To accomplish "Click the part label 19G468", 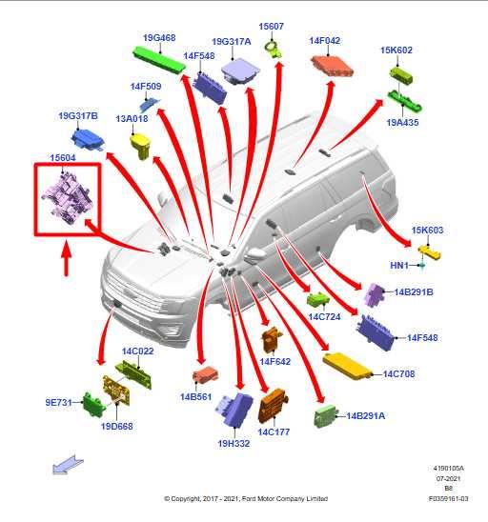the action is pos(159,37).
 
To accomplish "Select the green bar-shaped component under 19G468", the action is pos(159,61).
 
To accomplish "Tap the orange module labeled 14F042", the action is pos(332,66).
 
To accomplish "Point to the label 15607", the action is pos(271,27).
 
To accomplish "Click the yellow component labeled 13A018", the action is pos(141,145).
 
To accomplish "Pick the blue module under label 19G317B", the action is pos(88,139).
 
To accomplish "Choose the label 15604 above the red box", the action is pos(63,158).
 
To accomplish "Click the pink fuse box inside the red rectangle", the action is pos(68,198).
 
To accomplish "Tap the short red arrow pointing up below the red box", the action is pos(67,259).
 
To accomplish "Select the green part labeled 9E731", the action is pos(93,404).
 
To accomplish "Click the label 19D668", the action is pos(117,426).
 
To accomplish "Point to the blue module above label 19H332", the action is pos(234,410).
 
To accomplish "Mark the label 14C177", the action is pos(274,432).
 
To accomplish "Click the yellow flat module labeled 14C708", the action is pos(346,366).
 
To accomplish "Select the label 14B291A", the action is pos(365,416).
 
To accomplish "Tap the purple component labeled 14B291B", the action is pos(375,295).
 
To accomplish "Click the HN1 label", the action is pos(399,266).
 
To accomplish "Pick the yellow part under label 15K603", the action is pos(429,252).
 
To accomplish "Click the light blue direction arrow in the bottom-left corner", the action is pos(68,464).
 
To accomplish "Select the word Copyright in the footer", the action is pos(185,499).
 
